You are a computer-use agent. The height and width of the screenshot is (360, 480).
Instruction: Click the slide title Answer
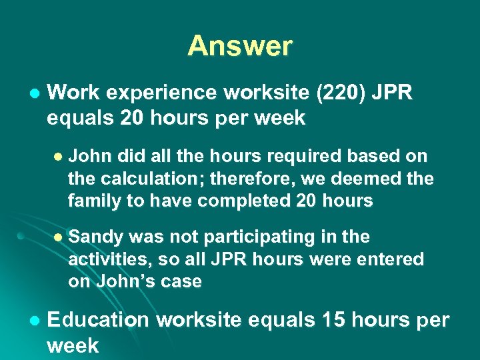[240, 46]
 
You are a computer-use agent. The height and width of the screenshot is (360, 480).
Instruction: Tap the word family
[93, 201]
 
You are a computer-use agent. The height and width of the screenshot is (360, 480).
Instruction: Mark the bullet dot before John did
[57, 157]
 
